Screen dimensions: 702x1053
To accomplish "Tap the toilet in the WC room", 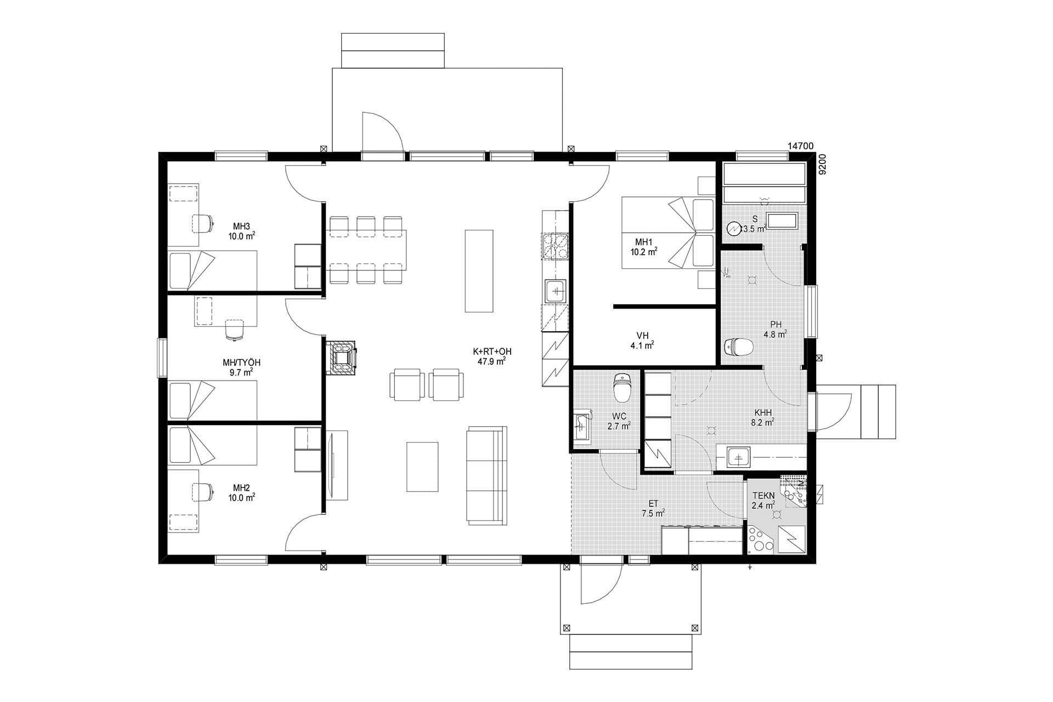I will click(621, 387).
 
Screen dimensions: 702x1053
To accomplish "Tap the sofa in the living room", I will click(486, 475).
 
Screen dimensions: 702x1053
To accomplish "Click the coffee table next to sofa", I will click(422, 466).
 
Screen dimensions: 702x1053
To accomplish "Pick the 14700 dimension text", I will click(800, 146).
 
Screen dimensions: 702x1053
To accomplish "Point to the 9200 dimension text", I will click(822, 164).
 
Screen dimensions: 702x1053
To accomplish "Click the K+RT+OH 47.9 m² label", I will click(492, 356).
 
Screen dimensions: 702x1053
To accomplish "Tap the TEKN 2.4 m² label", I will click(763, 500).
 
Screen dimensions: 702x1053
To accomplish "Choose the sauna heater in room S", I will click(733, 229).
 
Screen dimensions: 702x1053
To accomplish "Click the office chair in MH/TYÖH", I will click(234, 330).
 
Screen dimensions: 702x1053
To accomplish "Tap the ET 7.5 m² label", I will click(654, 508).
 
